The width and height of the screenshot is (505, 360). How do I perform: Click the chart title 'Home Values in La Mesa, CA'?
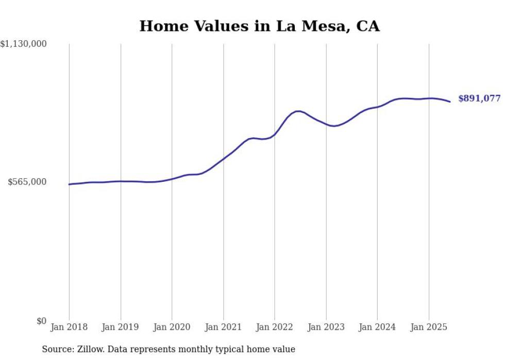point(259,26)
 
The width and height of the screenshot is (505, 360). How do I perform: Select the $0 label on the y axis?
point(41,321)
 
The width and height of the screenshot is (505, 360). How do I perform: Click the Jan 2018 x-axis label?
point(69,327)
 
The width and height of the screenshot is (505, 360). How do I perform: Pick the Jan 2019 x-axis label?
point(121,327)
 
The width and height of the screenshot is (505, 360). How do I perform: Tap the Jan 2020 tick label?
point(172,327)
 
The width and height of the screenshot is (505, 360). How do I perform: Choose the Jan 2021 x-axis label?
point(223,327)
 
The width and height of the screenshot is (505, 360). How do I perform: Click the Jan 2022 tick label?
point(275,327)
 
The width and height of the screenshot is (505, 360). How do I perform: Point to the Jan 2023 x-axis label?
point(326,327)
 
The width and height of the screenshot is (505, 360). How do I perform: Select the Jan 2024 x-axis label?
point(377,327)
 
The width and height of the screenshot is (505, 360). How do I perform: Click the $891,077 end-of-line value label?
point(479,98)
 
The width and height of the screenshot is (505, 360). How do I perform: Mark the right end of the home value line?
point(450,101)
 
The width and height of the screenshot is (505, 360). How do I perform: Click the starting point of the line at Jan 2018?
point(69,184)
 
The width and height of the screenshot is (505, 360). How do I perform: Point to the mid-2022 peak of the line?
point(298,111)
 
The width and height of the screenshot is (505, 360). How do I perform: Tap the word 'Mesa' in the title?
point(316,26)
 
